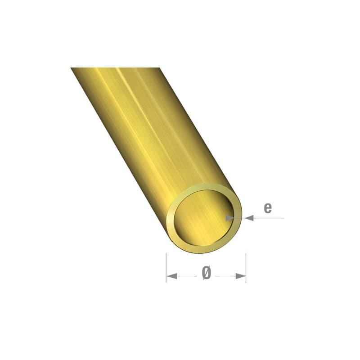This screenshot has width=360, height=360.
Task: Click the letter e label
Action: (x=268, y=207)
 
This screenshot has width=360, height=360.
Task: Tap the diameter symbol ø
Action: (x=207, y=273)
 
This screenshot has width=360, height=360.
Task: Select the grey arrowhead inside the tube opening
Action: (x=229, y=218)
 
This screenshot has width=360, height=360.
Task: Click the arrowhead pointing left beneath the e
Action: (x=249, y=218)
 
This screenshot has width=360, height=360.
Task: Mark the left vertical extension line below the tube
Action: (x=166, y=268)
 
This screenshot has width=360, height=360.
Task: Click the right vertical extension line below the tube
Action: (x=246, y=268)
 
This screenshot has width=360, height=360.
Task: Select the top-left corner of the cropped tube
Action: (x=72, y=68)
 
